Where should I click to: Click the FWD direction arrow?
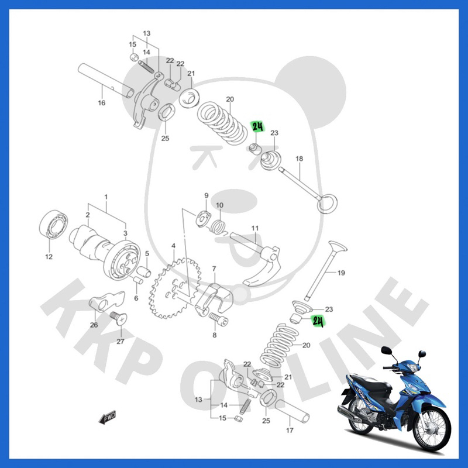tap(107, 417)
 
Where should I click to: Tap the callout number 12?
tap(49, 256)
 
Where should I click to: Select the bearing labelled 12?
tap(53, 224)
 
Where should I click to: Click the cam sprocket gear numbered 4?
tap(174, 288)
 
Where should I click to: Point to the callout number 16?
tap(102, 103)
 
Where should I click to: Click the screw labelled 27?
tap(119, 319)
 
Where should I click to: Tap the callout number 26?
tap(94, 325)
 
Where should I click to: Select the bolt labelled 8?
tap(218, 319)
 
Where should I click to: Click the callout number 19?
tap(341, 273)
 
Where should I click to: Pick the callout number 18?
tap(300, 159)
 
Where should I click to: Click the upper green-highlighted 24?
tap(258, 127)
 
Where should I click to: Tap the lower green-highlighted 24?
tap(318, 321)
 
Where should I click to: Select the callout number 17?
tap(290, 430)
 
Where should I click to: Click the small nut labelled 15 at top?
tap(134, 57)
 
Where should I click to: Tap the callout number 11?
tap(255, 228)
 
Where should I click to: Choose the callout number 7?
tap(214, 269)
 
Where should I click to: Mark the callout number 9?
tap(207, 195)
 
